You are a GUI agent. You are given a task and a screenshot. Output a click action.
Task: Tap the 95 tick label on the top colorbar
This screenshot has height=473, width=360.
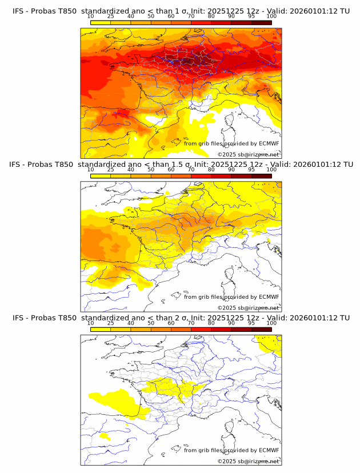tap(251, 16)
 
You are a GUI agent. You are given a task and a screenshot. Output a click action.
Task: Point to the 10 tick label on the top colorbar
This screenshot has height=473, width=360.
tap(91, 16)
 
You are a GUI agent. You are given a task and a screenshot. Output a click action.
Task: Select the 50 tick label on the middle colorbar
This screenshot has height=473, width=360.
tap(151, 170)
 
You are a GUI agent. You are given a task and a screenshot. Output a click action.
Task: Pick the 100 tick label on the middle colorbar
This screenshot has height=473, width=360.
tap(271, 170)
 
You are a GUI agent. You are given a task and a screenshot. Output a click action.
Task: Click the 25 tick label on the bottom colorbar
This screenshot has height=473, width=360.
tap(111, 323)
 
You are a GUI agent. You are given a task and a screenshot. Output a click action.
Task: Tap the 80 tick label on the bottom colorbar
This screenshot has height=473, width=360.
tap(211, 323)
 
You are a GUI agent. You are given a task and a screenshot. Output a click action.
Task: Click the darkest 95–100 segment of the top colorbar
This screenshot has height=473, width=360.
tap(261, 22)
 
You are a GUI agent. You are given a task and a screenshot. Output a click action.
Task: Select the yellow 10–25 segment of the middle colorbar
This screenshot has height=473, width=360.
tap(101, 176)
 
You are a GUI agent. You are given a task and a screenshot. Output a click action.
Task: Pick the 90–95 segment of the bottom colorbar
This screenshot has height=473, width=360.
tap(241, 330)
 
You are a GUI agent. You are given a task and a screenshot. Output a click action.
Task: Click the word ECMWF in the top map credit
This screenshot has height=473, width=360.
tap(269, 143)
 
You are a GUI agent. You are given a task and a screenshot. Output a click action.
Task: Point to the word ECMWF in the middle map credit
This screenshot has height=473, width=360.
tap(269, 297)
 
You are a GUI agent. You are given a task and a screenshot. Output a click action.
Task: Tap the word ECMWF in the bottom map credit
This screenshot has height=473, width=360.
tap(269, 450)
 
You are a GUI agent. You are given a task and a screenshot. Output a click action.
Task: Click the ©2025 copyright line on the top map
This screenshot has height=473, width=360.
tap(249, 155)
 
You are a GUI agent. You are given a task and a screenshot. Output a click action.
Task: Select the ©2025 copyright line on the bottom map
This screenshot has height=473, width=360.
tap(249, 462)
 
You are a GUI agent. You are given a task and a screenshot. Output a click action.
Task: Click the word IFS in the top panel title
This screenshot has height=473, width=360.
tap(18, 11)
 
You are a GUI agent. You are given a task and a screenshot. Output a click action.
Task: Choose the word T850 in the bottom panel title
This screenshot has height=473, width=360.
tap(67, 318)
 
